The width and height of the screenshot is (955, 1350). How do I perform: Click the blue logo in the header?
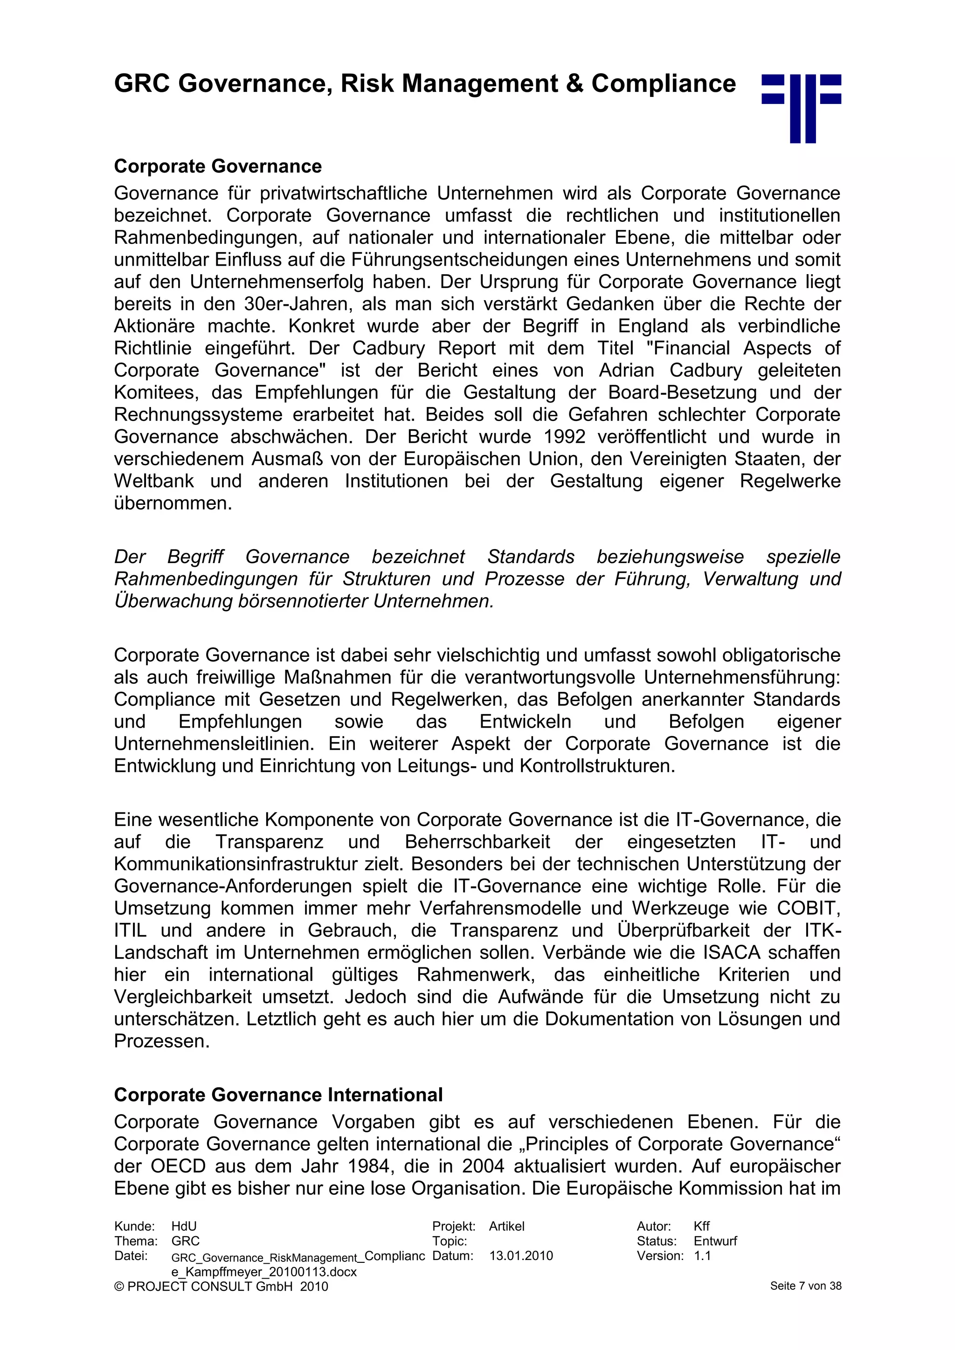pos(801,108)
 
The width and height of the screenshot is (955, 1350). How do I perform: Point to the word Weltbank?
pos(154,481)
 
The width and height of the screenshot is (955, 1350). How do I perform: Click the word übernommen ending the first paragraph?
pos(173,503)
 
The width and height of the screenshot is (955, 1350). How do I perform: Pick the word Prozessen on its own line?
pos(162,1041)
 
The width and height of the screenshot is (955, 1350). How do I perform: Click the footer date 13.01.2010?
pos(521,1256)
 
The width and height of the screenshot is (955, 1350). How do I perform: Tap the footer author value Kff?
pos(701,1226)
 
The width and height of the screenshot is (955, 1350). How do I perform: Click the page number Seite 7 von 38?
pos(806,1285)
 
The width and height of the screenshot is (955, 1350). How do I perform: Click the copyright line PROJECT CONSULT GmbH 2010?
pos(221,1287)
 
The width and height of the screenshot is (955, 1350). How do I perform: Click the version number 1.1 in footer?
pos(702,1255)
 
